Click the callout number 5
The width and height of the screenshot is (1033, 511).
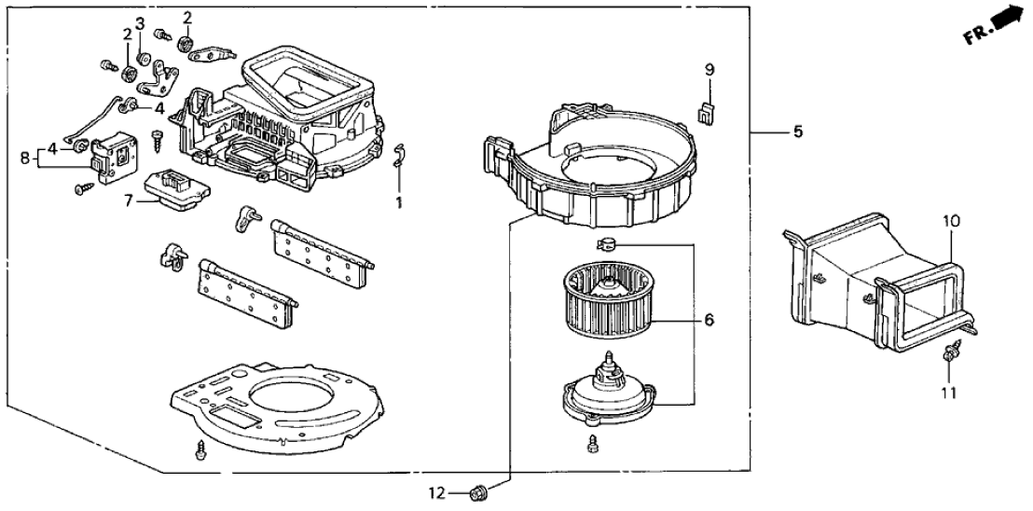pyautogui.click(x=797, y=132)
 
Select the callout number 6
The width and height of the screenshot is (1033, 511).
pyautogui.click(x=709, y=320)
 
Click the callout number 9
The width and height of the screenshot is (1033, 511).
pyautogui.click(x=709, y=70)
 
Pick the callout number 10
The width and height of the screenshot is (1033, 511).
pyautogui.click(x=951, y=222)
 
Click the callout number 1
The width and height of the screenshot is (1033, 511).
pyautogui.click(x=399, y=200)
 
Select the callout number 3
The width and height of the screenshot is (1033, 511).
pyautogui.click(x=139, y=22)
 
